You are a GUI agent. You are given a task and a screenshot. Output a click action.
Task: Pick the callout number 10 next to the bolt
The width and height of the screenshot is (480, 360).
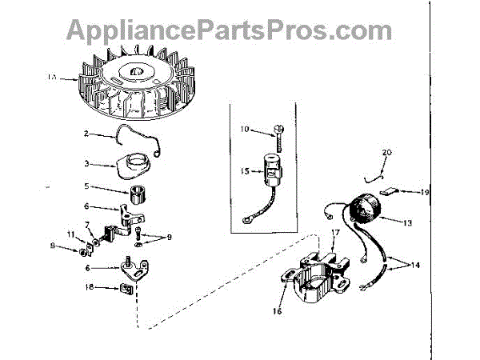[246, 128]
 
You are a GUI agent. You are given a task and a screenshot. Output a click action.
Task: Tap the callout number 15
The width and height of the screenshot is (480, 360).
[246, 170]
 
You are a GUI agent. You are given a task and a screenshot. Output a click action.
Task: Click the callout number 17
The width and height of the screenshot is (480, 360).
[335, 233]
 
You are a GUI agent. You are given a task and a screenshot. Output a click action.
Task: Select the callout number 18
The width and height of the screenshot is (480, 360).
[90, 286]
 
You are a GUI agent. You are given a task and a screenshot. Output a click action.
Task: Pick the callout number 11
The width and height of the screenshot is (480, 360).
[70, 233]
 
